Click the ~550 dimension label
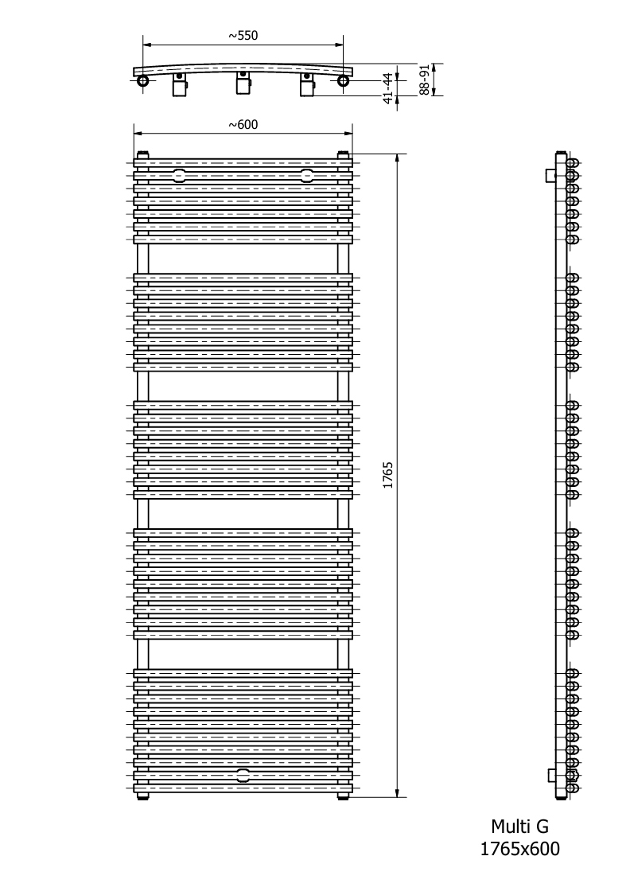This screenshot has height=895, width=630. coord(243,35)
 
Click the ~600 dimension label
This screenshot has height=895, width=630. coord(243,124)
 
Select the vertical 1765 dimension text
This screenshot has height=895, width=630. coord(388,475)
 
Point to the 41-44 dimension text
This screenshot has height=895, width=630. coord(389,88)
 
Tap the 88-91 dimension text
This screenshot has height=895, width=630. coord(423,80)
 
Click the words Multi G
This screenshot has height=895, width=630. coord(519,826)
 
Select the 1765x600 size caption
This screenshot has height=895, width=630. coord(519,849)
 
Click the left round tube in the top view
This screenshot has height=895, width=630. coord(143,81)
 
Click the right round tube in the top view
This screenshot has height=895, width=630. coord(343,81)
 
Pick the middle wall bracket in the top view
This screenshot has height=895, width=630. coord(243,84)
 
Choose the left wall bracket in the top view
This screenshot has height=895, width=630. coord(180,85)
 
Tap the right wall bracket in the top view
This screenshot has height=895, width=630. coord(306,85)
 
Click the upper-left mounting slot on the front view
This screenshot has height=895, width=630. coord(179,175)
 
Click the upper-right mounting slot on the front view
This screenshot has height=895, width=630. coord(307,175)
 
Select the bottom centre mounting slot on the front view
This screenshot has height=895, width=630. coord(243,775)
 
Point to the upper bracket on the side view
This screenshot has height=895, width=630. coord(550,175)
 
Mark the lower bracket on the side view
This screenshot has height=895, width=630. coord(552,775)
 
